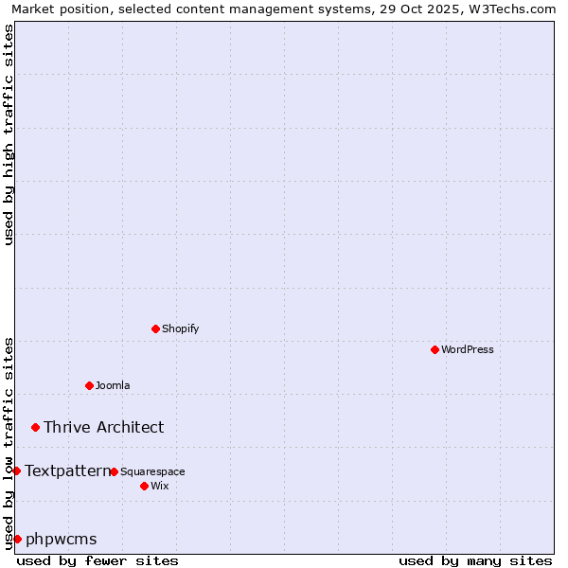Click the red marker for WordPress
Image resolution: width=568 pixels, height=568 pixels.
coord(435,349)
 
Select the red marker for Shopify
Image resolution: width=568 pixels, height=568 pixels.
coord(155,328)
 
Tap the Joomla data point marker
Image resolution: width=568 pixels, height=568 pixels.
coord(89,385)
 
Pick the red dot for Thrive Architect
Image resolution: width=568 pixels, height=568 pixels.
coord(36,427)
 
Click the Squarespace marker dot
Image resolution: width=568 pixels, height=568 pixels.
coord(114,471)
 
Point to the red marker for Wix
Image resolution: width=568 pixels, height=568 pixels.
coord(144,486)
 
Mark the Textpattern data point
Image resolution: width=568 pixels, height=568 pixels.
coord(16,470)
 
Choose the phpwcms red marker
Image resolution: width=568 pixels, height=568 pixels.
coord(17,539)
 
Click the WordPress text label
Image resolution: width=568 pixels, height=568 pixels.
coord(468,349)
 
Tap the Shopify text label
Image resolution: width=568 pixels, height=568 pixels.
coord(180,328)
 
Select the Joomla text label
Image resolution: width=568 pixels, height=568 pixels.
coord(113,385)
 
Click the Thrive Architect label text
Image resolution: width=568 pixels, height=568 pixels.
coord(103,427)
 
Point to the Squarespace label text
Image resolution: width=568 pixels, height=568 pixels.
coord(152,471)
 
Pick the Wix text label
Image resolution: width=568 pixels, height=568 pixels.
coord(159,486)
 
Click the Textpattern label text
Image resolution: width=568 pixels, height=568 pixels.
coord(67,470)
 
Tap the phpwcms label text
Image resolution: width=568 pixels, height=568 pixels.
coord(61,539)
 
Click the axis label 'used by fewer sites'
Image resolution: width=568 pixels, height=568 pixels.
coord(98,560)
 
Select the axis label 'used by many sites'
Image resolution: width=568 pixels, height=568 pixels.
coord(475,560)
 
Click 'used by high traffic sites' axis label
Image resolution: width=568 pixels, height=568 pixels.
coord(9,134)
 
